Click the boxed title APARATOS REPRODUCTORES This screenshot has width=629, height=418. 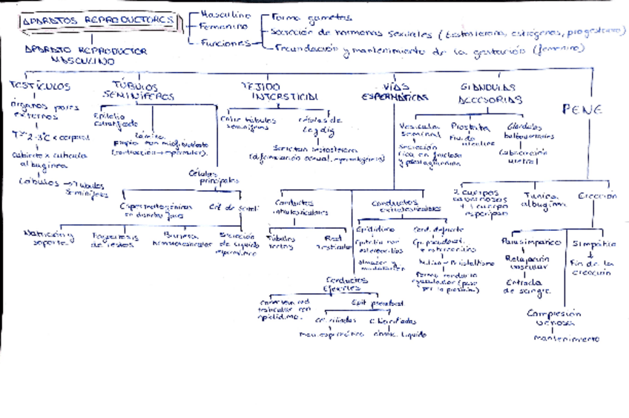click(99, 21)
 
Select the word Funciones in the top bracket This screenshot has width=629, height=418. click(226, 43)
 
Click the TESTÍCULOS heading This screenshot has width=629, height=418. click(40, 86)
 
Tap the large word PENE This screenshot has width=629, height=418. click(582, 109)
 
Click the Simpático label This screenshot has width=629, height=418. click(593, 243)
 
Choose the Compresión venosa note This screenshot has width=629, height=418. click(553, 317)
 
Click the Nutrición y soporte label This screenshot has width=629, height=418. click(50, 238)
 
